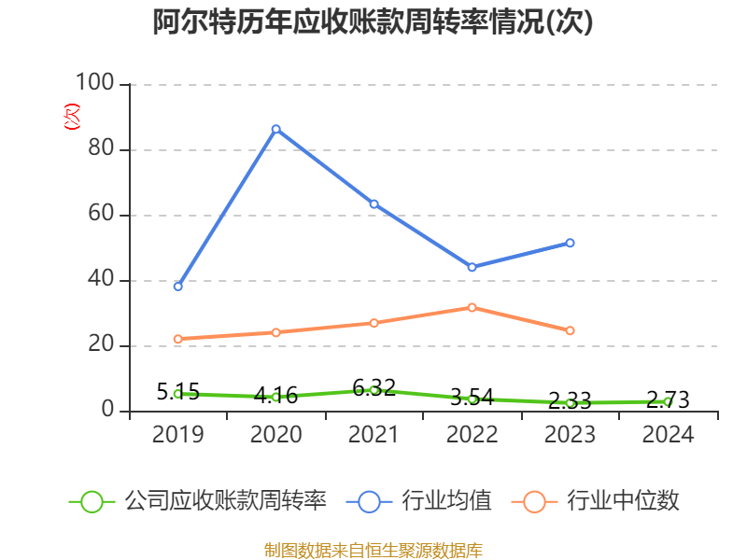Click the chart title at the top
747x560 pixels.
373,22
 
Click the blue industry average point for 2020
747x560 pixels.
275,129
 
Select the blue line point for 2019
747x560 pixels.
177,286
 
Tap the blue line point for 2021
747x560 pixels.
373,203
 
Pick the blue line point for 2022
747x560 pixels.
472,267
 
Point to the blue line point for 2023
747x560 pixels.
570,243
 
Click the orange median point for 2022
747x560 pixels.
472,307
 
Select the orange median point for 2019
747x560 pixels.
177,339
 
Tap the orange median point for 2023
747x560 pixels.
570,330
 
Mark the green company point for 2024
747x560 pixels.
668,401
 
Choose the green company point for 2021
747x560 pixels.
373,389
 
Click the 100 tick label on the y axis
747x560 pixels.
93,84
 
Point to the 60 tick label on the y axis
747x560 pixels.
101,215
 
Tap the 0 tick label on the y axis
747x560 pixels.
108,411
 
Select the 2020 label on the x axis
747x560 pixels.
275,435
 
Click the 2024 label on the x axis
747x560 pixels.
668,435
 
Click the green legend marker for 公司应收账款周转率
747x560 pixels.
92,501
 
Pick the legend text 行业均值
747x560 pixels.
446,501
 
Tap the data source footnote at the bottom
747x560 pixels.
373,550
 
